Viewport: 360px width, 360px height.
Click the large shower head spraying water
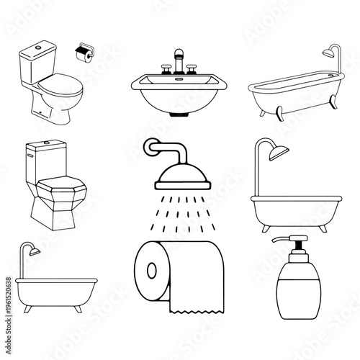tap(179, 174)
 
